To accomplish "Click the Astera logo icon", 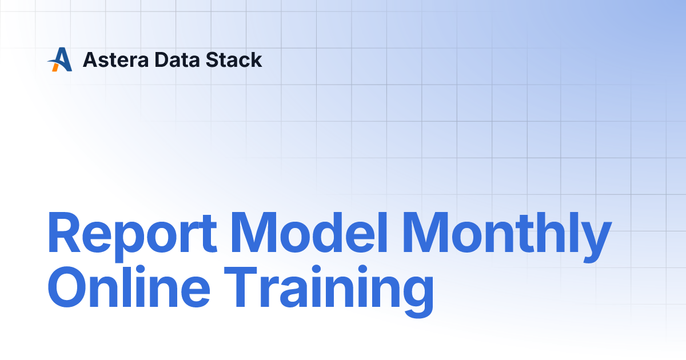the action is point(59,59).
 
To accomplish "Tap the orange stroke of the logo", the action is point(55,67).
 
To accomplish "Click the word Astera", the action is point(115,59).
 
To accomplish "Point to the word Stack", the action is point(234,59).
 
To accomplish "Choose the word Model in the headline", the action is point(309,233).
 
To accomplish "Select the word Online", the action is point(129,286).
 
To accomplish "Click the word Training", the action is point(329,291).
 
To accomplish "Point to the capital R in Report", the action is point(64,233).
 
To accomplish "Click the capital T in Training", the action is point(241,287).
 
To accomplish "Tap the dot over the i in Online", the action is point(140,269).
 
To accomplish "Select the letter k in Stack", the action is point(254,59).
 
